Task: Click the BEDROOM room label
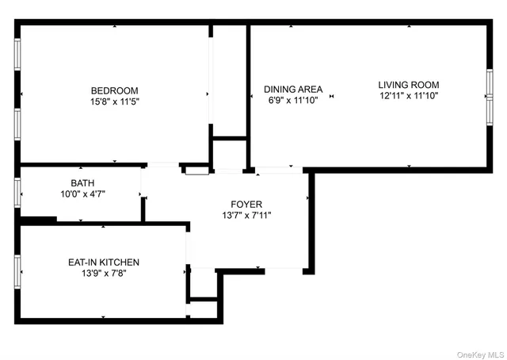[x=114, y=90]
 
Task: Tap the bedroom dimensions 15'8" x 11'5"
[x=114, y=101]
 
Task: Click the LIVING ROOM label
[x=408, y=85]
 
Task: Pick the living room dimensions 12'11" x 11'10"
[x=408, y=96]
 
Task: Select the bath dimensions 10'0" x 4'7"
[x=82, y=193]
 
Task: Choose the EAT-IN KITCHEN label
[x=104, y=262]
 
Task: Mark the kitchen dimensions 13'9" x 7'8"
[x=104, y=274]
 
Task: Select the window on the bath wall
[x=17, y=193]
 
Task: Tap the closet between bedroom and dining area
[x=229, y=79]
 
